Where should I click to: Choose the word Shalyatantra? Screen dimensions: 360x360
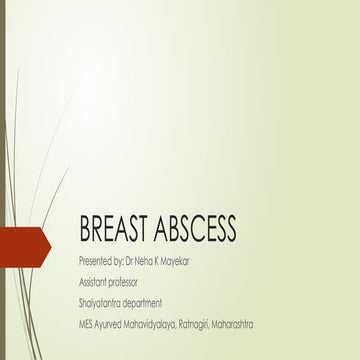coord(102,302)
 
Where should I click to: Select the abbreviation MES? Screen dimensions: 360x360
coord(86,324)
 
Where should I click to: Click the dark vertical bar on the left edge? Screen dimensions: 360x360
coord(2,180)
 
